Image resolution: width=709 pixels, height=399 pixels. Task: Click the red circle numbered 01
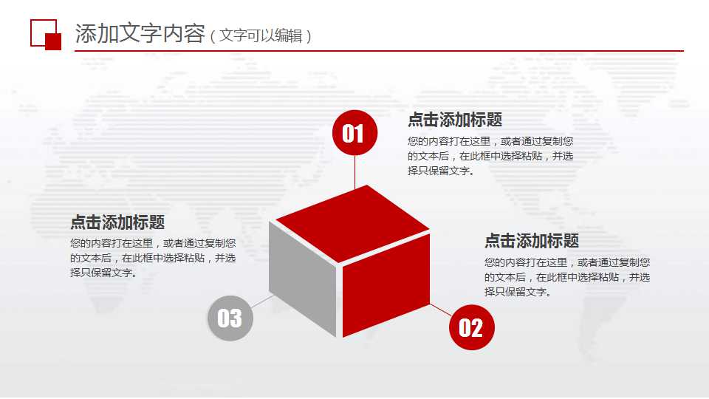[x=354, y=133]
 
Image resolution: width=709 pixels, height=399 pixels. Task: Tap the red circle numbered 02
[x=471, y=327]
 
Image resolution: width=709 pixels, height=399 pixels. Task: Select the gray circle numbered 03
[x=230, y=318]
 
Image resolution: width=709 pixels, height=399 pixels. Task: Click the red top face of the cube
[x=352, y=223]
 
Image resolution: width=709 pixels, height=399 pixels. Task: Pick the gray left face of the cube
[x=303, y=277]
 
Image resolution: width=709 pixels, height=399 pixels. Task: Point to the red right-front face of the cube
[x=386, y=284]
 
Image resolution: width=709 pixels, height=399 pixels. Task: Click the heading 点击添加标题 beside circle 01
[x=455, y=120]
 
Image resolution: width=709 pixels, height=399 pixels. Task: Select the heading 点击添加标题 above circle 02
[x=532, y=241]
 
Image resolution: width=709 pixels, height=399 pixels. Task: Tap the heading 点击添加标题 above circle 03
[x=117, y=222]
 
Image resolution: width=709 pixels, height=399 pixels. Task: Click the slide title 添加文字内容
[x=140, y=34]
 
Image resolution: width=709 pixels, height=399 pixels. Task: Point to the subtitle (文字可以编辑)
[x=261, y=35]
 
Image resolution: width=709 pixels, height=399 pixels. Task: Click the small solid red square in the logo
[x=53, y=41]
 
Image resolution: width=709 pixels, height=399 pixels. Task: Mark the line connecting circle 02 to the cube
[x=441, y=310]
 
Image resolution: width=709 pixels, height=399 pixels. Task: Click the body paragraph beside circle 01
[x=490, y=156]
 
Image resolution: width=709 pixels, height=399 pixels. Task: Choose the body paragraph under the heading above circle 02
[x=567, y=277]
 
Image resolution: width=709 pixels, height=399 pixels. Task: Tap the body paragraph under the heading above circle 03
[x=153, y=258]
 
